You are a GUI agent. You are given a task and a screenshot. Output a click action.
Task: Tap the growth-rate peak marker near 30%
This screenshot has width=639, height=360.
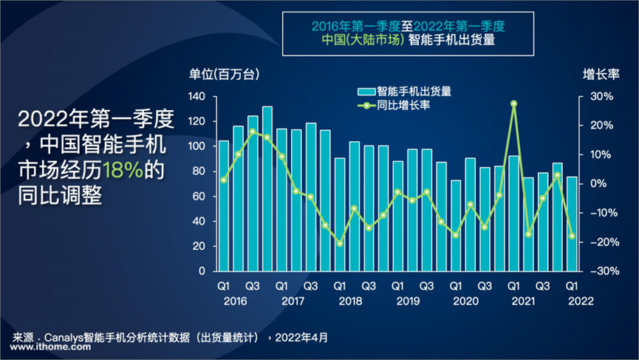point(513,104)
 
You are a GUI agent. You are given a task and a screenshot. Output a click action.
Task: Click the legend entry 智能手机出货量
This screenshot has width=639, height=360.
point(405,92)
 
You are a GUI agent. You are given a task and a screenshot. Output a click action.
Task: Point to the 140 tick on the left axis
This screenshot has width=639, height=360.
point(196,97)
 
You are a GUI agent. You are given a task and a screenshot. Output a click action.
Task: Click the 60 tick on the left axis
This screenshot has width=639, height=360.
point(198,197)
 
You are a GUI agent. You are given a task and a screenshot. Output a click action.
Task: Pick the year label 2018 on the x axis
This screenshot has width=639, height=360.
point(350,301)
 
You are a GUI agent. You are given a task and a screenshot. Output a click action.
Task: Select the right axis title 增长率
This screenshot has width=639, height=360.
point(601,74)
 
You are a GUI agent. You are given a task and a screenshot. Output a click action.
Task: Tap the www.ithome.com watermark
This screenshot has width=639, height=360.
point(44,350)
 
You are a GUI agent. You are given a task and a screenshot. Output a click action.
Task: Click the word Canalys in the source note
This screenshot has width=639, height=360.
point(70,337)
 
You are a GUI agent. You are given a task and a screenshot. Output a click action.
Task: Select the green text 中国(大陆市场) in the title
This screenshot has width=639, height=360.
point(360,41)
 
